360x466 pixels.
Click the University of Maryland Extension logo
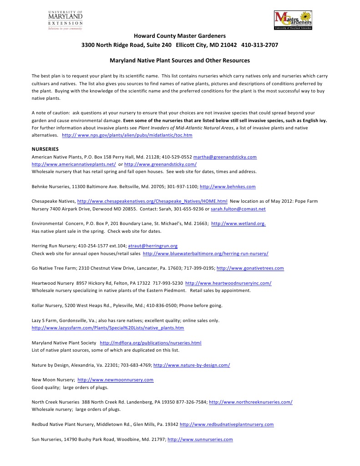click(x=66, y=20)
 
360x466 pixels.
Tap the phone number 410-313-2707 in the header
click(x=259, y=46)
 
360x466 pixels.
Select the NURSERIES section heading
click(x=45, y=149)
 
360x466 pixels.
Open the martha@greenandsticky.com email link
click(x=225, y=157)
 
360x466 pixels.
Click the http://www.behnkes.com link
click(x=228, y=187)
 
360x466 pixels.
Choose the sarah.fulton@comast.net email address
click(x=238, y=209)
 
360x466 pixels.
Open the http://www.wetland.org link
click(x=238, y=224)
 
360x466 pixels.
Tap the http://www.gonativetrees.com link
click(x=250, y=268)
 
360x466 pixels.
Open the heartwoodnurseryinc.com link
click(x=228, y=283)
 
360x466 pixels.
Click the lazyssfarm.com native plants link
click(x=108, y=328)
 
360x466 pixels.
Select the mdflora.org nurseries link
click(x=150, y=343)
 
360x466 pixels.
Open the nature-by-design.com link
click(x=192, y=365)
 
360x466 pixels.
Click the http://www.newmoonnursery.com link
click(x=116, y=380)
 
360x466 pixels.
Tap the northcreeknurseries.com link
click(x=250, y=402)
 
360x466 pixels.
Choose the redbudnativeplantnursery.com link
click(x=227, y=425)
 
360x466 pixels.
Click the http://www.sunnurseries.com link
click(x=200, y=440)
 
